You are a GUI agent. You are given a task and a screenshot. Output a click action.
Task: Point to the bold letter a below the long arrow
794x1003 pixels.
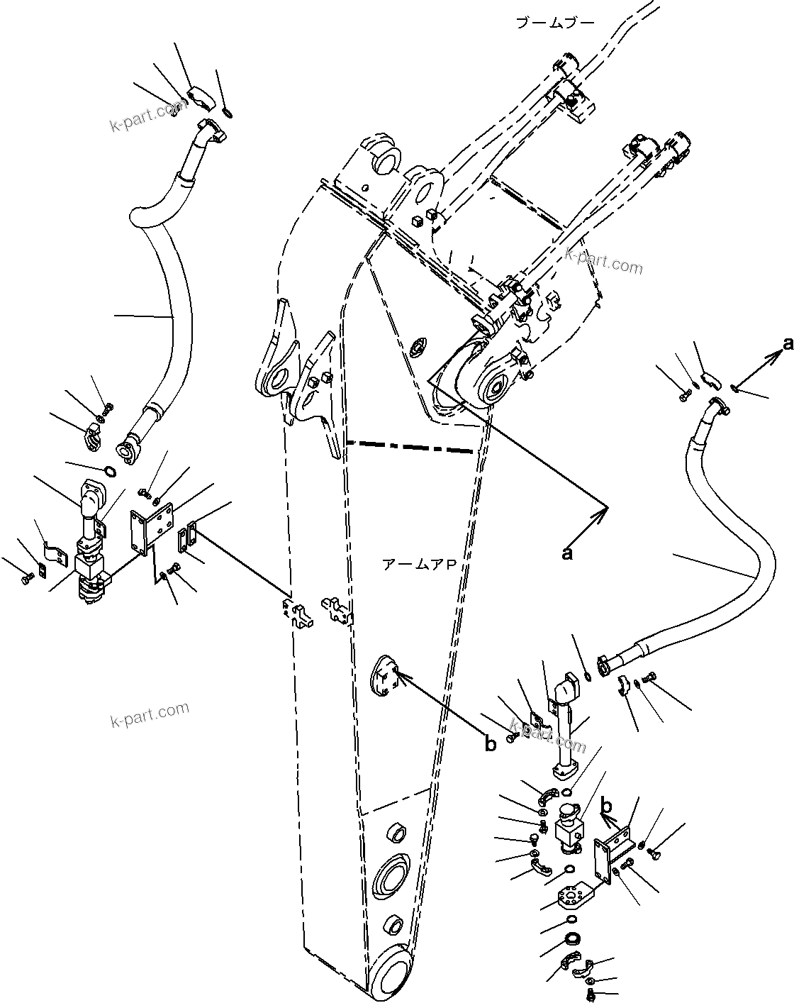pyautogui.click(x=566, y=554)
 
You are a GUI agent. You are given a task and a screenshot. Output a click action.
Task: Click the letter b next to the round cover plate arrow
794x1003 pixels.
pyautogui.click(x=490, y=744)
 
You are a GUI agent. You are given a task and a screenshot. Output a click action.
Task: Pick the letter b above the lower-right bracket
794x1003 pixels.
pyautogui.click(x=607, y=807)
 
